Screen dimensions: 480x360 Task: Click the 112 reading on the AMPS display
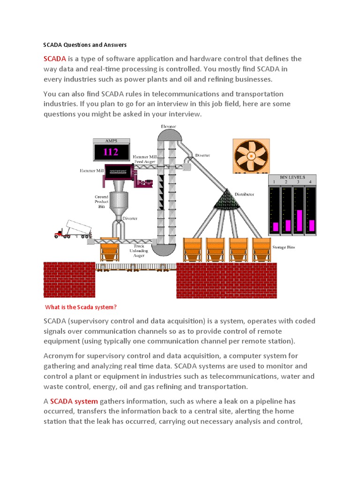[x=111, y=152]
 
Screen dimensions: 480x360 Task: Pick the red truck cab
[x=60, y=232]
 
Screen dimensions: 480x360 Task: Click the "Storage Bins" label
[x=285, y=247]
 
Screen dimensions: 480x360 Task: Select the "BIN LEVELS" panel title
[x=292, y=178]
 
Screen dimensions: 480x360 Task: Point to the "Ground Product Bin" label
[x=102, y=202]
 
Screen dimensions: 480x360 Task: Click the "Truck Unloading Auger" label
[x=139, y=250]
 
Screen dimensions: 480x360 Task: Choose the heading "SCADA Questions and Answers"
[x=85, y=45]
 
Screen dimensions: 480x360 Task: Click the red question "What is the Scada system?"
[x=80, y=307]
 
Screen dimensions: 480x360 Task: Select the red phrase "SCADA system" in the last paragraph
[x=74, y=401]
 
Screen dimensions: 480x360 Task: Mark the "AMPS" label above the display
[x=111, y=141]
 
